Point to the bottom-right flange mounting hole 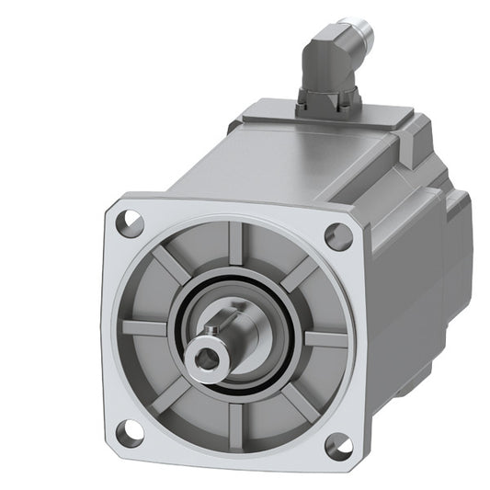tap(338, 448)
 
